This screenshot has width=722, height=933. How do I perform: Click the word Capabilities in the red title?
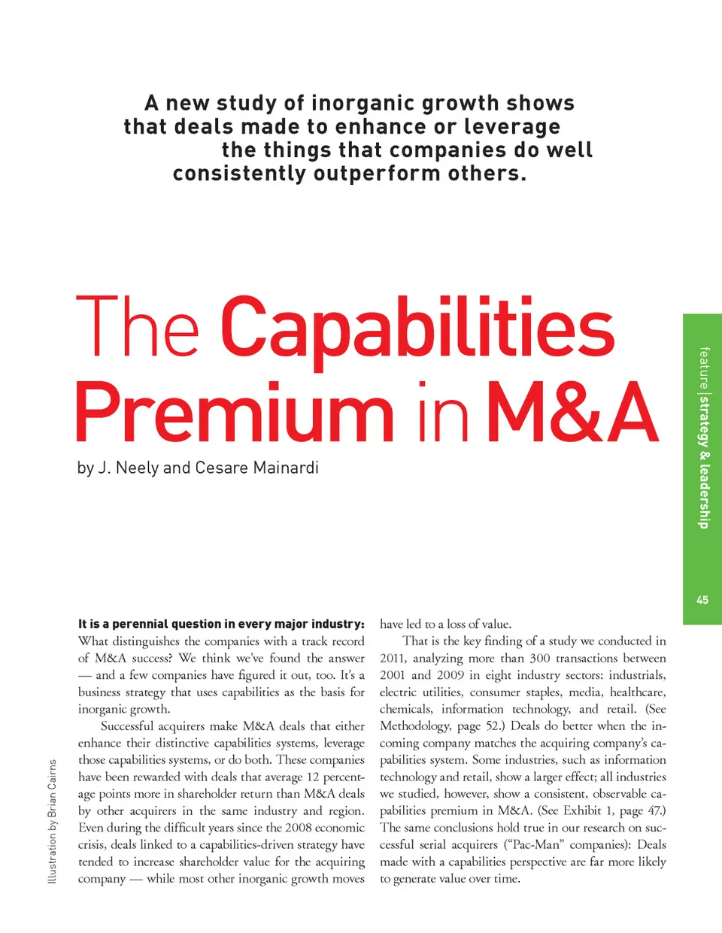click(417, 329)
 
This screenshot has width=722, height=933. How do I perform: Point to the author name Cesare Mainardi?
click(256, 468)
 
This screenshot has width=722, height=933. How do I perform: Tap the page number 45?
click(702, 599)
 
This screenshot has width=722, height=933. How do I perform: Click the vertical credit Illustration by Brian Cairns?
click(52, 821)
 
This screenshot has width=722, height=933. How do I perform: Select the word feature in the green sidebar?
click(703, 368)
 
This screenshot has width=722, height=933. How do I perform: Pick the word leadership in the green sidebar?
click(703, 496)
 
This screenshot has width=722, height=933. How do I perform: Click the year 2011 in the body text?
click(393, 658)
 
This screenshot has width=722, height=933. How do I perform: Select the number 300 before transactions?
click(540, 658)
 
